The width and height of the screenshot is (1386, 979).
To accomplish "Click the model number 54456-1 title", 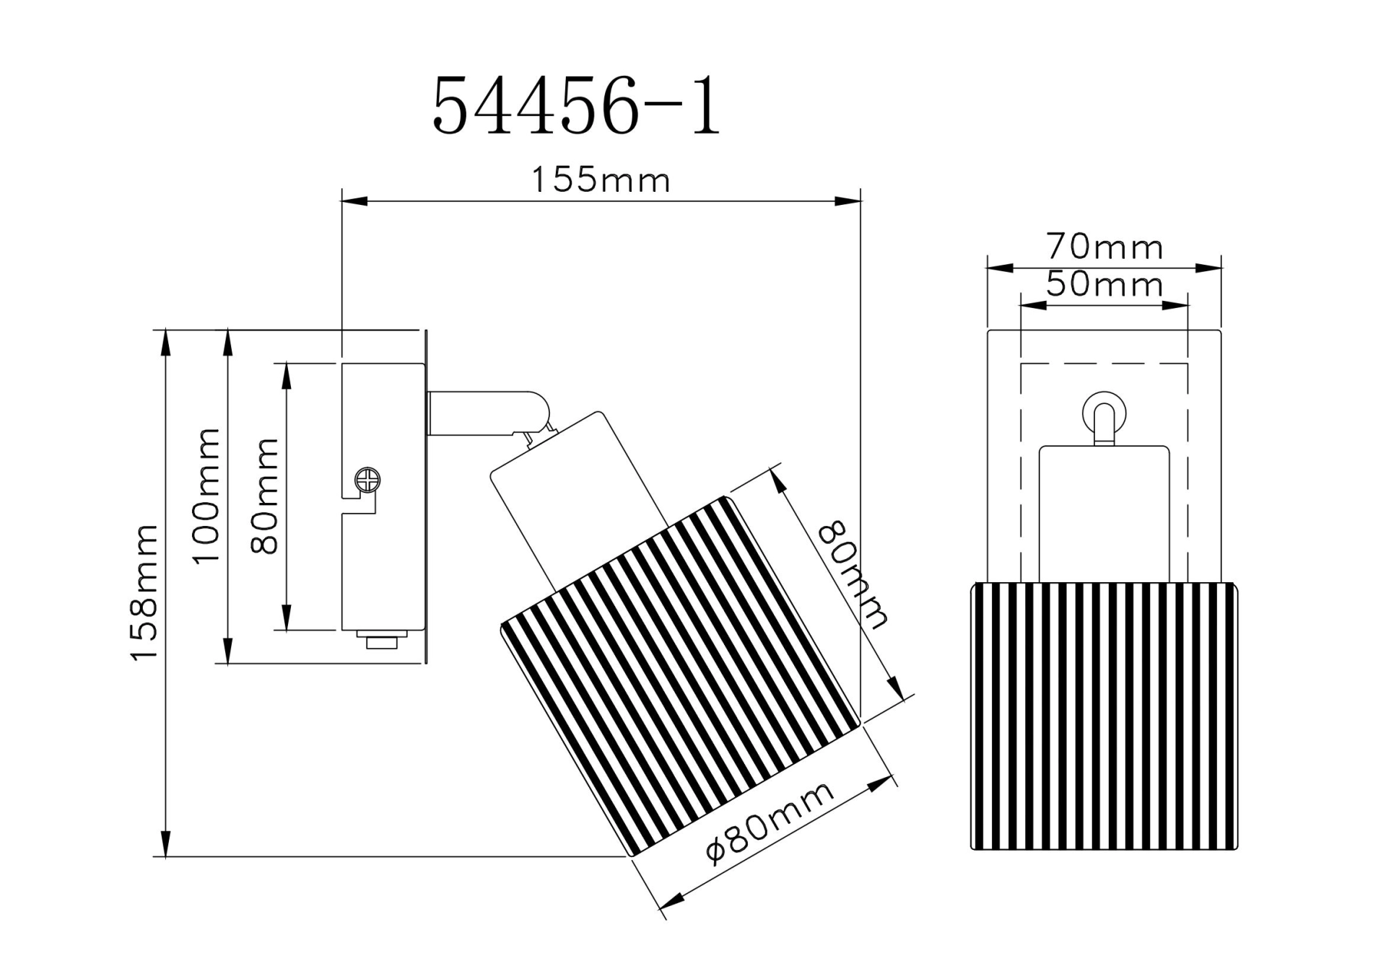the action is click(x=576, y=107).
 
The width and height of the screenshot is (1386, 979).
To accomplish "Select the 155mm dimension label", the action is click(x=601, y=180).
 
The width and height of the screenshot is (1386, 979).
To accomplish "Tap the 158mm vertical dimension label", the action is click(x=144, y=592).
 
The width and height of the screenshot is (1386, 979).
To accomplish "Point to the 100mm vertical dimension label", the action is click(x=206, y=496).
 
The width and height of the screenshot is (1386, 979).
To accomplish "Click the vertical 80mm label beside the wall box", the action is click(x=264, y=496).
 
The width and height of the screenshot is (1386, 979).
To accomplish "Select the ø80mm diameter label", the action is click(x=770, y=822).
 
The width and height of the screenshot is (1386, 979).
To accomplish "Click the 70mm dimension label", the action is click(x=1104, y=247).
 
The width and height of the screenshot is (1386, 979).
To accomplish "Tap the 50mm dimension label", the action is click(x=1104, y=284).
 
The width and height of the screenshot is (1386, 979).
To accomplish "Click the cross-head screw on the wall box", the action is click(x=368, y=480).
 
